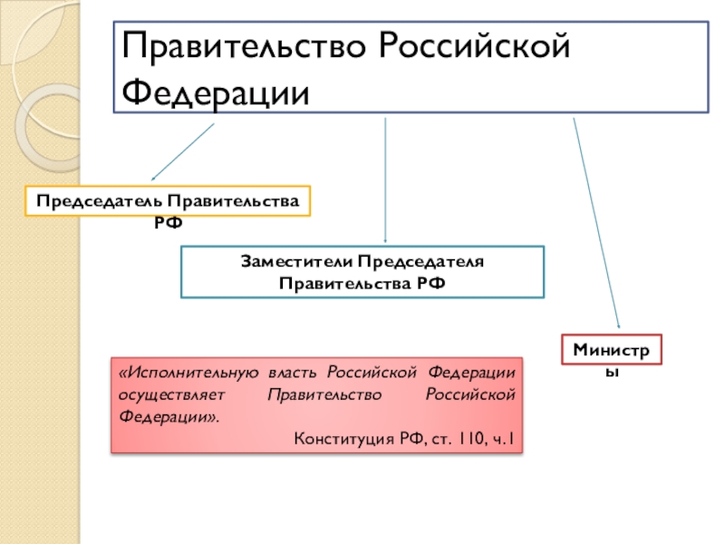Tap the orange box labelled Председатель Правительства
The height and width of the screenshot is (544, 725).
click(167, 199)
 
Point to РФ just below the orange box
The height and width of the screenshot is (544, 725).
click(167, 220)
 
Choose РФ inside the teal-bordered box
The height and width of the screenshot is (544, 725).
click(431, 283)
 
